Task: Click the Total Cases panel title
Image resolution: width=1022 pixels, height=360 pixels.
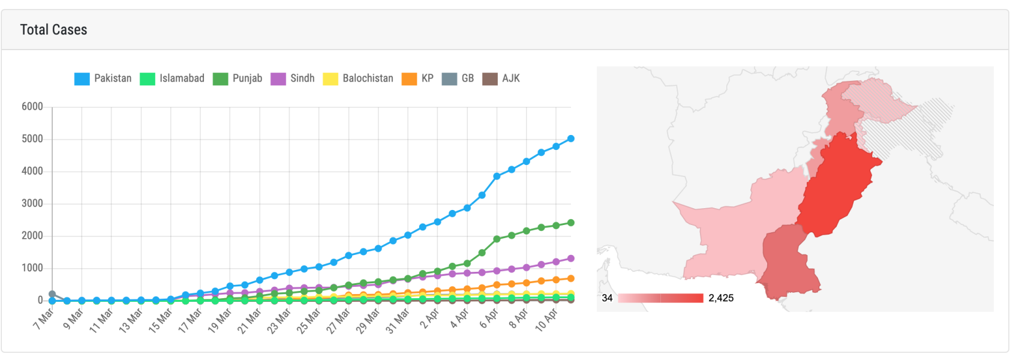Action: (x=53, y=30)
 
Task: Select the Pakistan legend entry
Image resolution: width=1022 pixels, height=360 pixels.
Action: (x=103, y=79)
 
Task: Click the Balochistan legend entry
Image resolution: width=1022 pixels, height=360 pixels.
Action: (x=358, y=79)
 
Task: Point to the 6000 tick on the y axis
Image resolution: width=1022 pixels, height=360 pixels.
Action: (x=32, y=107)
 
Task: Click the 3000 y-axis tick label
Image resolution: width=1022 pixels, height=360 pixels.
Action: (x=32, y=203)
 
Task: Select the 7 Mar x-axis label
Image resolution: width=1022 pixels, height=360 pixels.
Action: (x=44, y=319)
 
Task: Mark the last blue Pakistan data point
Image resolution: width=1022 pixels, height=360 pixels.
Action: (x=571, y=139)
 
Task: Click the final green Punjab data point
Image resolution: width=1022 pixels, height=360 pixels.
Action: (x=571, y=223)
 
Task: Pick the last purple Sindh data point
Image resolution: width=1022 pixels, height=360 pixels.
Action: (x=571, y=259)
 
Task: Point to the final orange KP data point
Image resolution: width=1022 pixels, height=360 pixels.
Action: (x=571, y=278)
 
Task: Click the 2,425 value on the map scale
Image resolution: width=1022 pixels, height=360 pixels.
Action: (x=721, y=298)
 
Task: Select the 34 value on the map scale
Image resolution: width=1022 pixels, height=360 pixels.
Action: (x=607, y=298)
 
